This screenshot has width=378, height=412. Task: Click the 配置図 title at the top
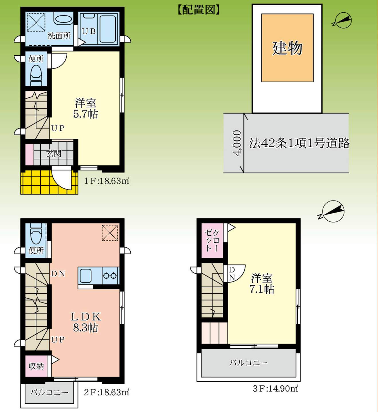click(199, 9)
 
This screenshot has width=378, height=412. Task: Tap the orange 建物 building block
click(287, 48)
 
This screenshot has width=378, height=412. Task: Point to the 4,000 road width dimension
click(238, 143)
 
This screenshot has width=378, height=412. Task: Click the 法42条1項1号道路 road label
click(299, 143)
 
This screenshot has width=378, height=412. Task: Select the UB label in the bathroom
click(89, 31)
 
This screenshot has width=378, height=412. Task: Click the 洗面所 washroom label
click(59, 36)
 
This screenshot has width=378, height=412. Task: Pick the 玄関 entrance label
click(54, 153)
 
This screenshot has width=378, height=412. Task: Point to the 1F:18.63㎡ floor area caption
click(107, 181)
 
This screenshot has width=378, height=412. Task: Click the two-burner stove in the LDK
click(111, 276)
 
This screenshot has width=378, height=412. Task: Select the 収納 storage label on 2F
click(36, 366)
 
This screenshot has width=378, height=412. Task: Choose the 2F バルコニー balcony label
click(49, 393)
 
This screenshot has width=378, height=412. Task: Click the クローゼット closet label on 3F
click(212, 240)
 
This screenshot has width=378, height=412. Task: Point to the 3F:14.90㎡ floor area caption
click(275, 389)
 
